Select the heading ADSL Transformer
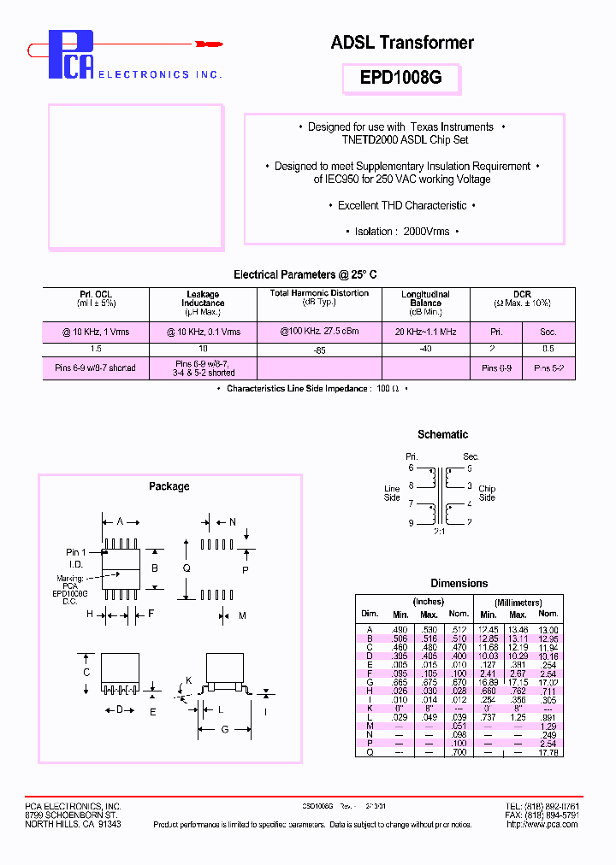pos(401,42)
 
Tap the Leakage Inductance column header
pos(203,298)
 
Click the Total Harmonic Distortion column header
pos(319,293)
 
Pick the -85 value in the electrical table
pos(318,350)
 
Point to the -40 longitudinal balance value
pos(425,349)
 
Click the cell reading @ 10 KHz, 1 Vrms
pos(96,332)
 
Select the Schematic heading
pos(442,434)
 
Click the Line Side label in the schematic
pos(392,493)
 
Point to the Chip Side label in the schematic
pos(487,493)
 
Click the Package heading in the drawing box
pos(169,486)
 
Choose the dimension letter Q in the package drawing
pos(187,567)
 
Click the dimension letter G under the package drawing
pos(223,729)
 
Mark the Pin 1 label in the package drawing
pos(77,552)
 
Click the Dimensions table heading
pos(459,583)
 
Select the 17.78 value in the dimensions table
pos(548,753)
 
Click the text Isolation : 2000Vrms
pos(402,231)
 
